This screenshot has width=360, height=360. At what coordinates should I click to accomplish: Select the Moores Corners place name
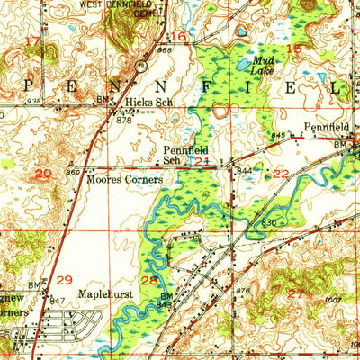point(117,179)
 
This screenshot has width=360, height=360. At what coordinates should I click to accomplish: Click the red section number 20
point(43,171)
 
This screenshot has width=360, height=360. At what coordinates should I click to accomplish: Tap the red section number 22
point(282,173)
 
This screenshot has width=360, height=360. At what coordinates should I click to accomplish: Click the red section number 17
point(31,41)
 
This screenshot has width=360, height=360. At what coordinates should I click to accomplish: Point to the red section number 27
point(295,290)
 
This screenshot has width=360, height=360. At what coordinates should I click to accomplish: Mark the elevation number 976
point(241,289)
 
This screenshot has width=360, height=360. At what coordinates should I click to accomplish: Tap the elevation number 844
point(244,168)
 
